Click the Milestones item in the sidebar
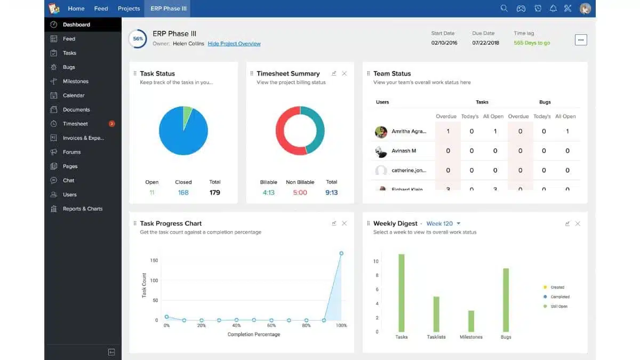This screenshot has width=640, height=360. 75,82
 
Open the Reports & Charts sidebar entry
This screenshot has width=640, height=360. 82,209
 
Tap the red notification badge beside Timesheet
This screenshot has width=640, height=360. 111,124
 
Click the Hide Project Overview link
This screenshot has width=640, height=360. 234,44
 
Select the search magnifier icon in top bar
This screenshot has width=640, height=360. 504,9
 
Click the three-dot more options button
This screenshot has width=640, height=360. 581,40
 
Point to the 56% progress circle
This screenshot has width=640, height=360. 138,39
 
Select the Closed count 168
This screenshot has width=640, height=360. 183,193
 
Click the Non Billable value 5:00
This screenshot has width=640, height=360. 300,193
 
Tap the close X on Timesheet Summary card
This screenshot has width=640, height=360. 344,74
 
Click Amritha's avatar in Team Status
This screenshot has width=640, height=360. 381,132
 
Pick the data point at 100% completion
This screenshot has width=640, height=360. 341,253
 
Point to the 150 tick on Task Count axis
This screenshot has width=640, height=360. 154,260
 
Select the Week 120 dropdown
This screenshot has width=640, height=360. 443,223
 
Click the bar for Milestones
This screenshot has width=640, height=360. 471,321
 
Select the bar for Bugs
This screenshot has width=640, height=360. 506,300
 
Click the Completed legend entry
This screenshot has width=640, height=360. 559,297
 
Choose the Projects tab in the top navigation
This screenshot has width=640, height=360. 129,9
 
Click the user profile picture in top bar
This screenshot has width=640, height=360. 585,9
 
